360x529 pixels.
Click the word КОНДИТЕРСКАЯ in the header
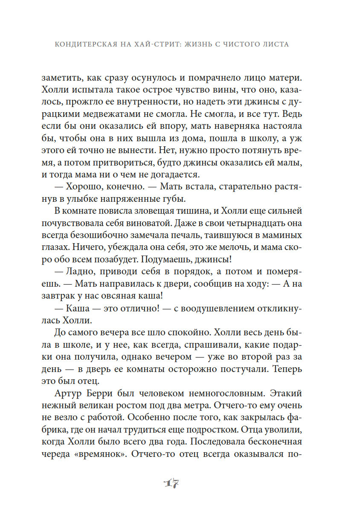click(81, 44)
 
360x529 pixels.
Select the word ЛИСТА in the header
click(276, 44)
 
